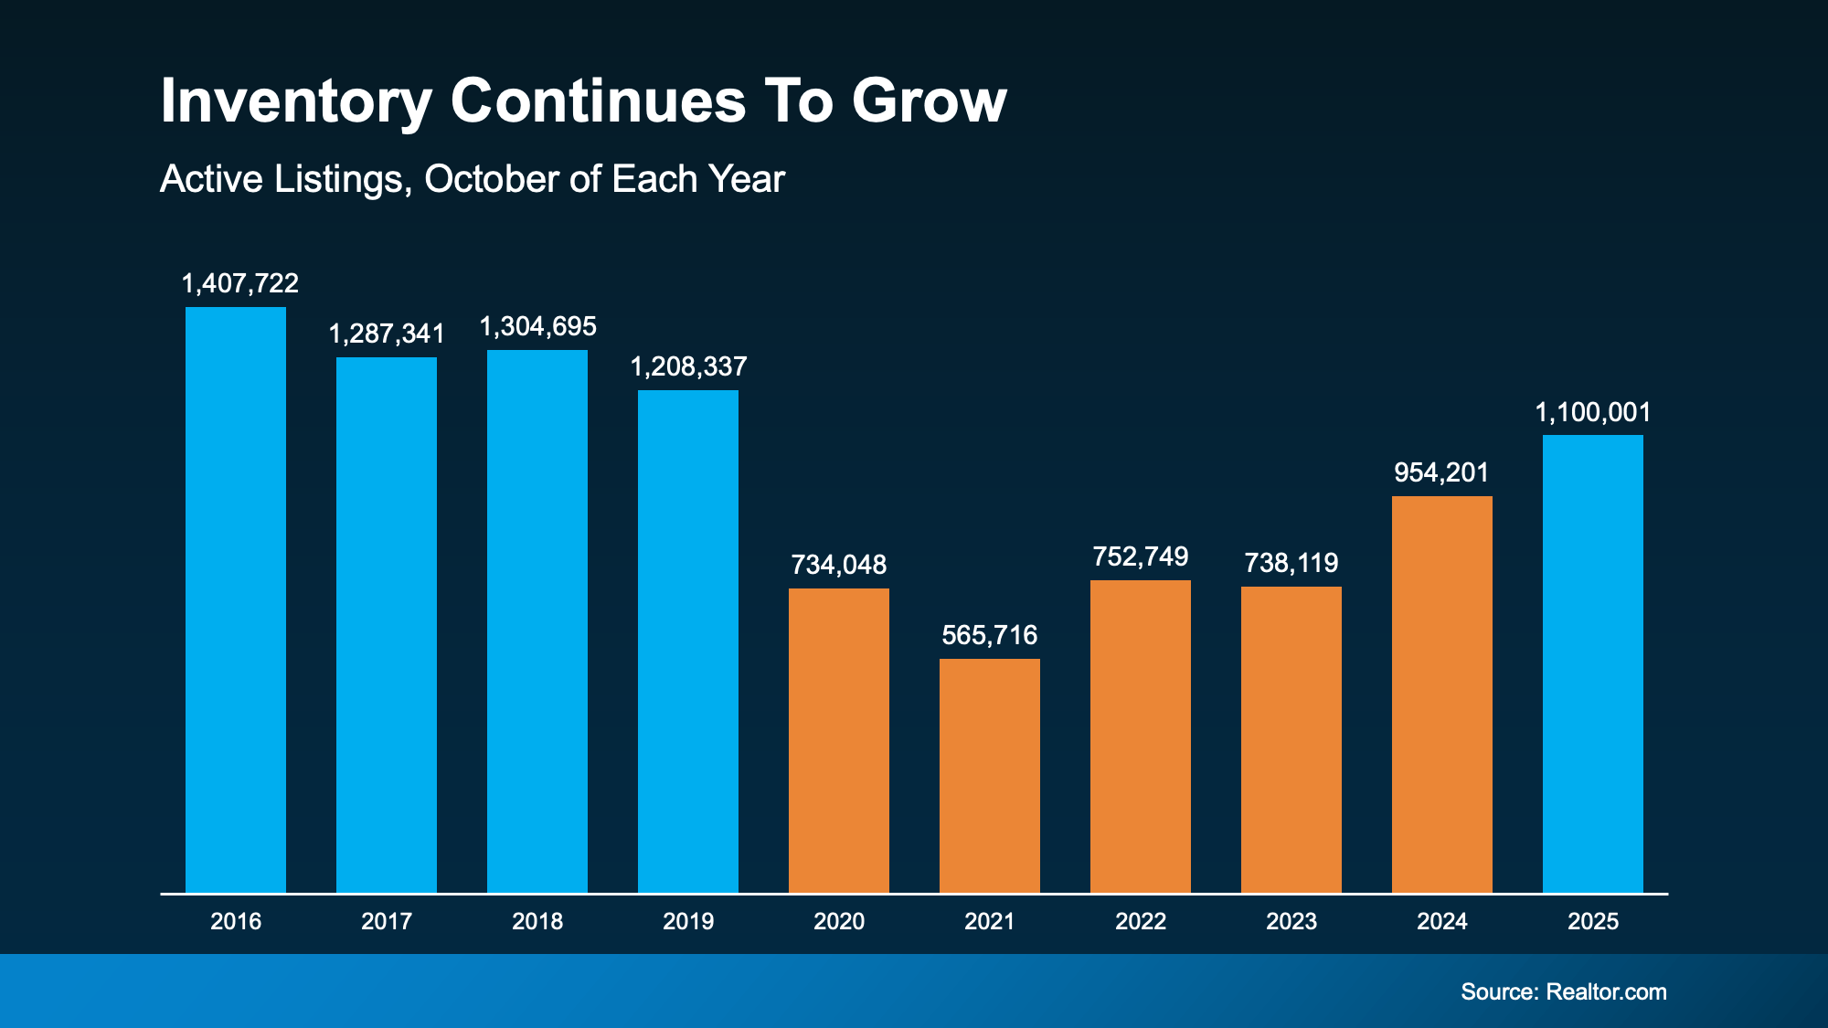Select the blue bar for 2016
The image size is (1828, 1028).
236,599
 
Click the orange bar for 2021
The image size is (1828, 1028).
990,775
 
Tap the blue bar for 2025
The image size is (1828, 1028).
1593,663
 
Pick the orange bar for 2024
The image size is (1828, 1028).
1442,694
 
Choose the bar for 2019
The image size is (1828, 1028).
688,641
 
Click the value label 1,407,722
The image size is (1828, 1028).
240,283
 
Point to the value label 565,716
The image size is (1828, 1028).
990,635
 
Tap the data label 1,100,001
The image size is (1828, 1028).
1593,412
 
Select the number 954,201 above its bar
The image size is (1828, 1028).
1441,472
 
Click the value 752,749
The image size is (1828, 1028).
1141,556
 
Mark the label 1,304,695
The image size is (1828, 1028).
538,326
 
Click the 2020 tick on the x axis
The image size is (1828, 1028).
839,921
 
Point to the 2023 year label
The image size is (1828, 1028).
1291,921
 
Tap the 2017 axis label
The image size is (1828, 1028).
387,921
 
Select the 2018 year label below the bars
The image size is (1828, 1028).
537,921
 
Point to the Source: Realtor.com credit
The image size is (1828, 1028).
1563,991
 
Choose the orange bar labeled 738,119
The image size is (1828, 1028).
1291,739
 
